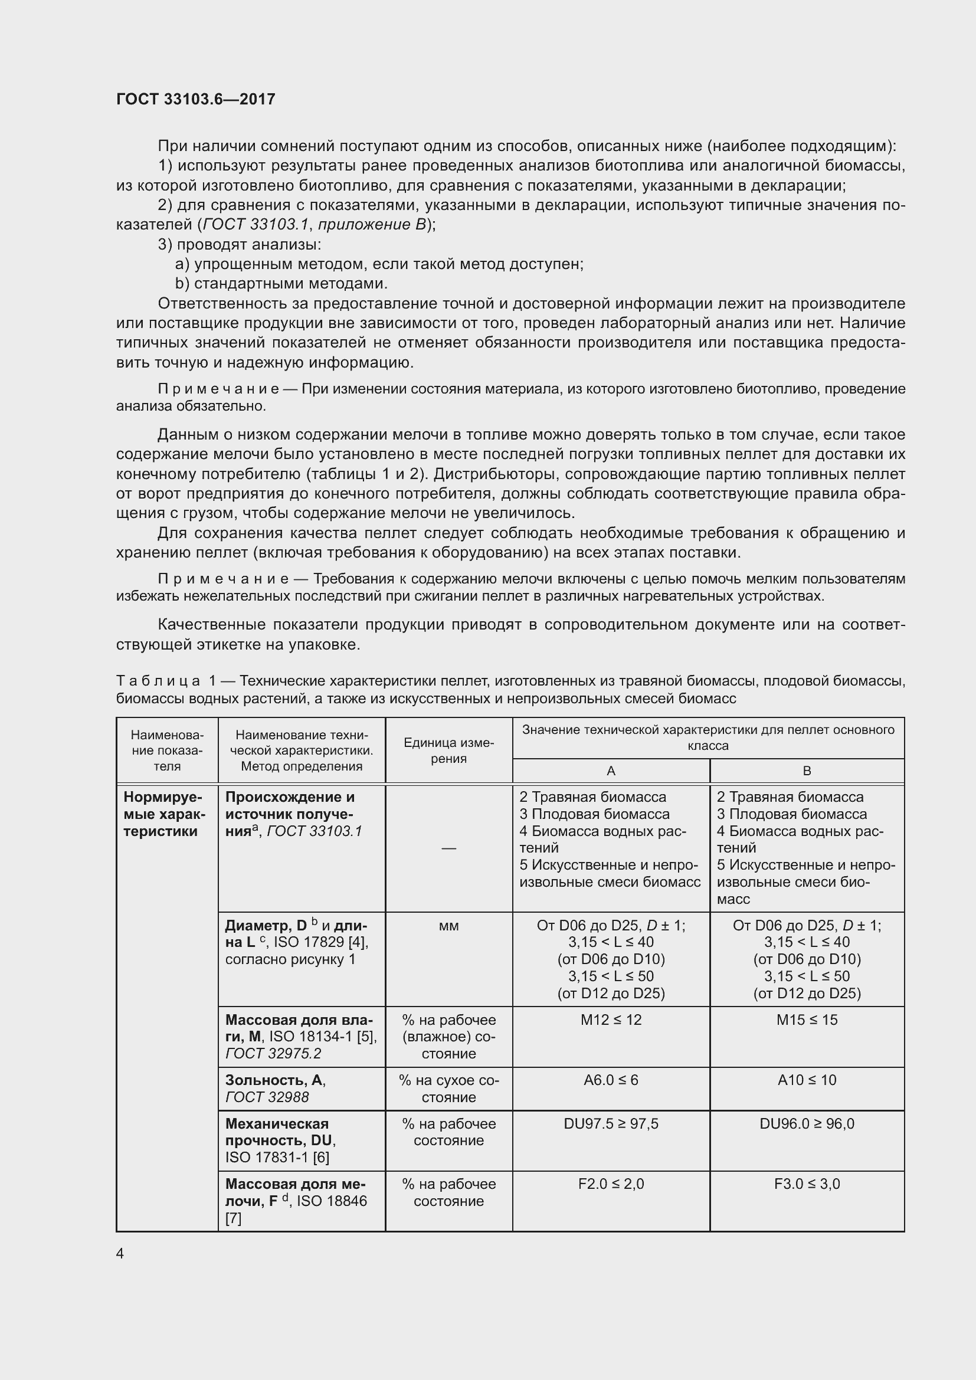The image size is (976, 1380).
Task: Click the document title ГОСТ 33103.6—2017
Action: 195,99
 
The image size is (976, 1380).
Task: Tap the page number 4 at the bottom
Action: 120,1253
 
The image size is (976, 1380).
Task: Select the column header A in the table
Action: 611,771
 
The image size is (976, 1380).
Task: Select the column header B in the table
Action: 807,771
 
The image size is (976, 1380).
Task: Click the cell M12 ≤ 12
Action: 611,1020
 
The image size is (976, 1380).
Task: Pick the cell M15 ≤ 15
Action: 807,1020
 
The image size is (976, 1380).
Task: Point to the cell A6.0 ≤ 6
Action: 611,1080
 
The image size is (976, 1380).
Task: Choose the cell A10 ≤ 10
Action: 807,1080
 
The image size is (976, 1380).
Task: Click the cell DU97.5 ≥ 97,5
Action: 611,1123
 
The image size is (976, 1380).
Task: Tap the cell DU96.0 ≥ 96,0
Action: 807,1123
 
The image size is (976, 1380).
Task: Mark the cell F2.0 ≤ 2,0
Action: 611,1184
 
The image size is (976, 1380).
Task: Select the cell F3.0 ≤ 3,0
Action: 807,1184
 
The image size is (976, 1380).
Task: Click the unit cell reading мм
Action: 448,926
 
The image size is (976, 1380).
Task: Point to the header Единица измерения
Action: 448,750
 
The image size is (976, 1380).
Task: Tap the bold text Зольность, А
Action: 274,1080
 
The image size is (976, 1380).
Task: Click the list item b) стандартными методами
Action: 281,283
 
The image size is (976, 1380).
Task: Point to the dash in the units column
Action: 448,848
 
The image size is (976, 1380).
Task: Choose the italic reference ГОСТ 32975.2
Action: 273,1054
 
